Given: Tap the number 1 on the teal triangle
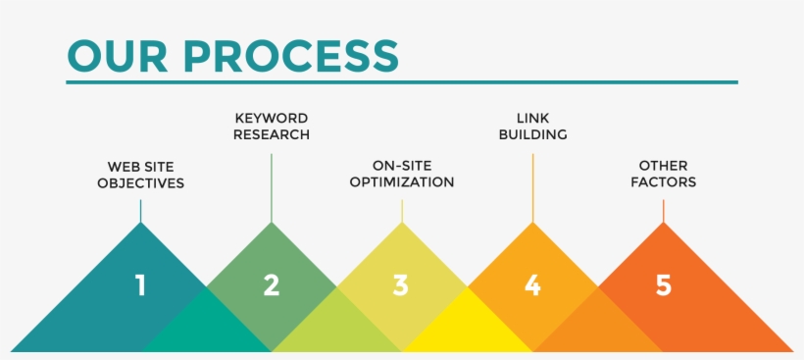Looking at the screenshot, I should pos(140,285).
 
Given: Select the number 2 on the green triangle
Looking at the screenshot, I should pos(272,285).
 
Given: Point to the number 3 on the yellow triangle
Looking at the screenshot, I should pos(401,285).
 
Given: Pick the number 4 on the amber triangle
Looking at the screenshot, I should pos(532,285).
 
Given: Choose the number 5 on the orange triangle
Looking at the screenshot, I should pos(664,285).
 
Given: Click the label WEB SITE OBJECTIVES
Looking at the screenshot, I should pos(140,175).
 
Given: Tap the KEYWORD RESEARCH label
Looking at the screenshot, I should pos(272,127).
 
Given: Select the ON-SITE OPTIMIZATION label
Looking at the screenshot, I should pos(402,174).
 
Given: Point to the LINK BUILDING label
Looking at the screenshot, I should pos(532,127).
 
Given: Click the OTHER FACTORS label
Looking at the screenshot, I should pos(663,174).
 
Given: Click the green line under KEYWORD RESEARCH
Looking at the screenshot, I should pos(272,186).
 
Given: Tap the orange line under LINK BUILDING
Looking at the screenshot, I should pos(533,186).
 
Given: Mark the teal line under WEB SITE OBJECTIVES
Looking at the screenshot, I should pos(140,210).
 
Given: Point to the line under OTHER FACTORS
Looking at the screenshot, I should pos(664,210).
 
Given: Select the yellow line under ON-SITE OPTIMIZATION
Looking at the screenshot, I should pos(402,210).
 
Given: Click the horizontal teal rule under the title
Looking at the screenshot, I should pos(402,82).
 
